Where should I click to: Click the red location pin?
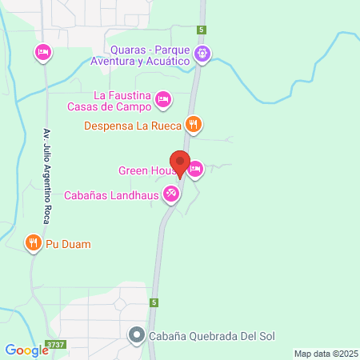(x=180, y=163)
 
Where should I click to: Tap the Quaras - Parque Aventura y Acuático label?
(x=140, y=54)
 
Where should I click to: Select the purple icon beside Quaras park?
(x=202, y=54)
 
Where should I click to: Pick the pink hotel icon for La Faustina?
(x=163, y=99)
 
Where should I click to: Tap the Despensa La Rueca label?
(x=134, y=125)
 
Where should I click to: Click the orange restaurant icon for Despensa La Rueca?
(x=193, y=125)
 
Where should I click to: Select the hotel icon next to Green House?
(x=195, y=169)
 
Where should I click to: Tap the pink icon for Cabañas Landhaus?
(x=170, y=194)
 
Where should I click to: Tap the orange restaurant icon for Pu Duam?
(x=33, y=242)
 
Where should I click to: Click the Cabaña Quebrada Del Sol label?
(x=212, y=336)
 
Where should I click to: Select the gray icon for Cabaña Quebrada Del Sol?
(x=138, y=336)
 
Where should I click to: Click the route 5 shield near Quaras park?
(x=203, y=30)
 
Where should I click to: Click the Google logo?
(x=26, y=349)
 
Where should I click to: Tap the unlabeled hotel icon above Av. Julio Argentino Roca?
(x=43, y=53)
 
